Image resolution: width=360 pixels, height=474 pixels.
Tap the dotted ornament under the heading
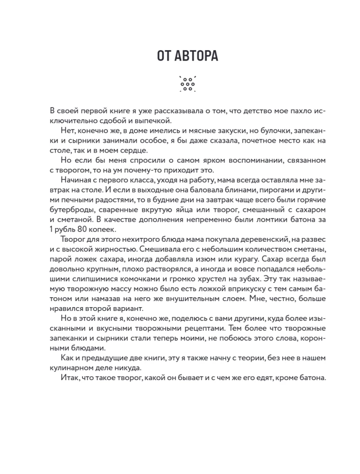187,84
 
